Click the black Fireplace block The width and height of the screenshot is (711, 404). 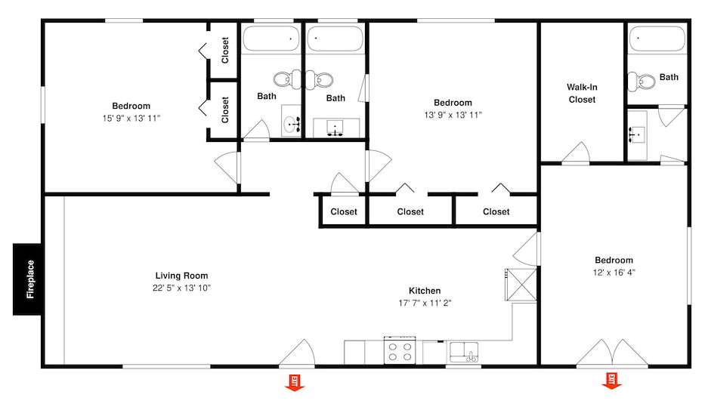coord(27,279)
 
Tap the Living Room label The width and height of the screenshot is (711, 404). coord(181,276)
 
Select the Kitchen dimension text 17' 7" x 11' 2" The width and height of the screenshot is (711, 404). coord(425,303)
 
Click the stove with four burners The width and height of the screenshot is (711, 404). coord(400,350)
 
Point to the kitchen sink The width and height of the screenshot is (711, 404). coord(463,353)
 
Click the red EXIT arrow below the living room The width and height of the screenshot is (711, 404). coord(295,382)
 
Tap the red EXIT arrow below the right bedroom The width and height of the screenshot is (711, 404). coord(612,381)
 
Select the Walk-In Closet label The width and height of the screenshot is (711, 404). coord(582,94)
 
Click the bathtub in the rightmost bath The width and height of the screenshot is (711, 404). coord(657,39)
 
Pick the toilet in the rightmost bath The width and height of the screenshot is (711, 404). coord(640,82)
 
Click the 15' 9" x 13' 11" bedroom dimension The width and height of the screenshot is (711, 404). coord(131,119)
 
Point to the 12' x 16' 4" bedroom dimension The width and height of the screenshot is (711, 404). coord(614,273)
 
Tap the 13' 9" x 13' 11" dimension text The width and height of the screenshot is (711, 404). coord(453,116)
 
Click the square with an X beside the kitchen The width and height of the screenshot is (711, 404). coord(521,284)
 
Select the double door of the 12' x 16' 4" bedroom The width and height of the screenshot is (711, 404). coord(612,353)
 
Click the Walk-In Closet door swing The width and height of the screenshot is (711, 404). coord(576,153)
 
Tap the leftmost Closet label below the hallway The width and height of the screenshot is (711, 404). coord(344,211)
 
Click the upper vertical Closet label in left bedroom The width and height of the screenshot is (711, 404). coord(225,51)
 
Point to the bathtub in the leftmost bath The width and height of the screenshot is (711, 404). coord(271,39)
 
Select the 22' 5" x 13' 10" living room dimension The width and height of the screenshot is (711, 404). coord(181,288)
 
